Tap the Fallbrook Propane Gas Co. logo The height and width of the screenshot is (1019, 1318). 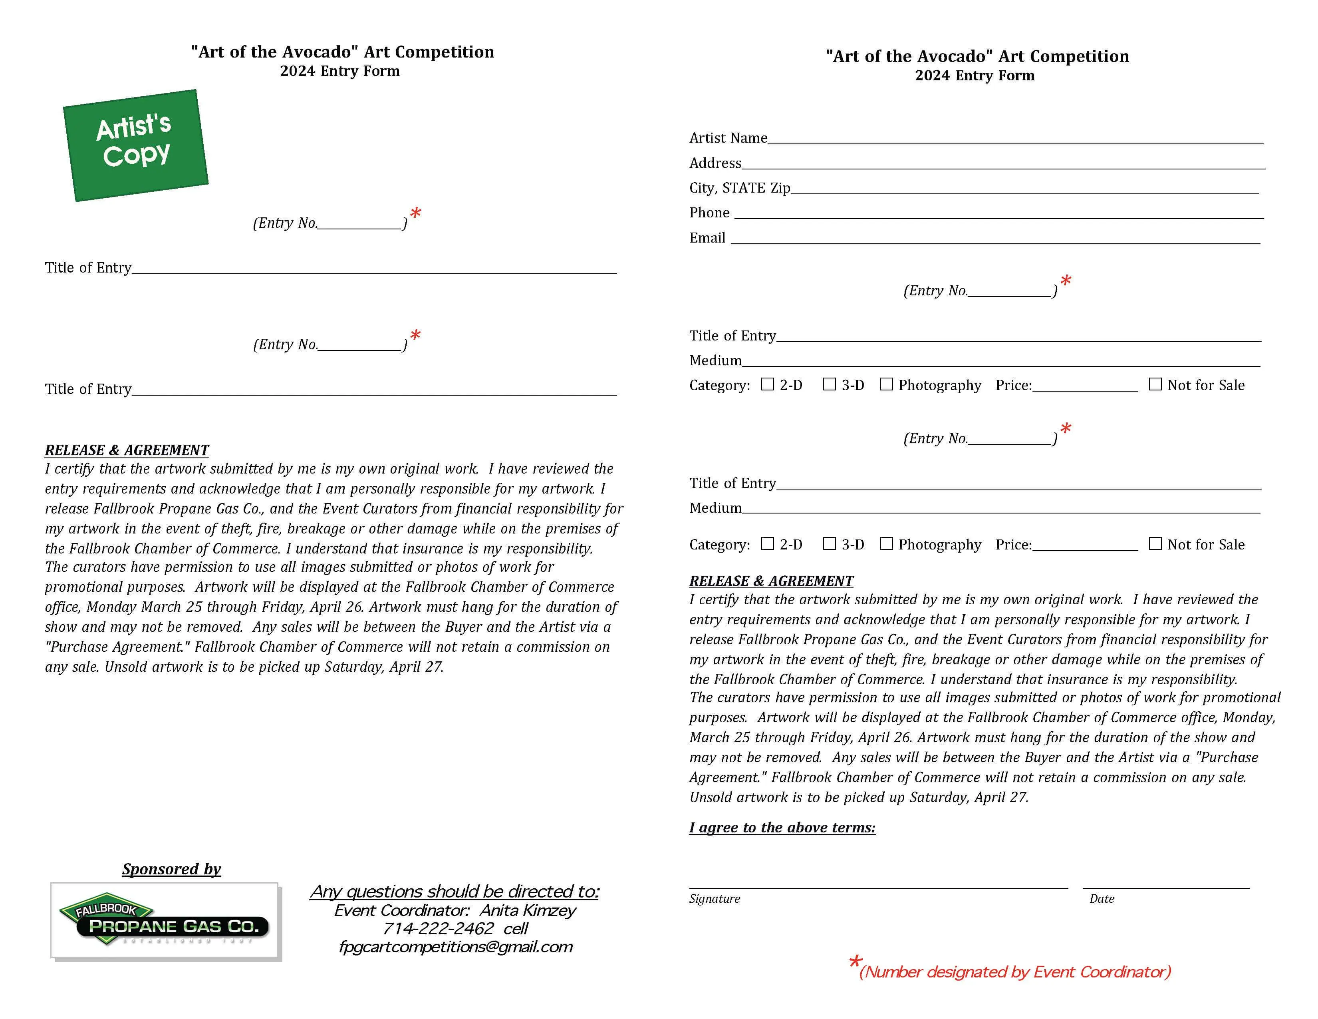pos(164,920)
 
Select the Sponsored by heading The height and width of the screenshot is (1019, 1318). pos(171,869)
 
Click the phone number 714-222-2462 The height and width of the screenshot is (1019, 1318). pos(438,928)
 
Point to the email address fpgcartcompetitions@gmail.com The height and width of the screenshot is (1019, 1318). pos(456,947)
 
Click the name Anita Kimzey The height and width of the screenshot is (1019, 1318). pos(528,910)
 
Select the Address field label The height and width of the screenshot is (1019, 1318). pos(715,163)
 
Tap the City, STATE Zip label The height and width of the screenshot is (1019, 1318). pos(739,188)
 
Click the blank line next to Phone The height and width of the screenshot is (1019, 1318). pos(999,215)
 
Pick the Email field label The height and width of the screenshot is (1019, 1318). pos(707,238)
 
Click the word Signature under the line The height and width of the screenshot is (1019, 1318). pos(715,899)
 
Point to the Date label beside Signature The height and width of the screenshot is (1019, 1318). pos(1102,899)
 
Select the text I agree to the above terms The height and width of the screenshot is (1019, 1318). pos(782,828)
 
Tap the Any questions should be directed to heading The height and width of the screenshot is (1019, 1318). pos(455,892)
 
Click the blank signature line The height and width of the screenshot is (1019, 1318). pos(878,886)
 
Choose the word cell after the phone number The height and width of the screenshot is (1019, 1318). pos(516,928)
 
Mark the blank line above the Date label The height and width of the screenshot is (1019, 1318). pos(1166,886)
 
